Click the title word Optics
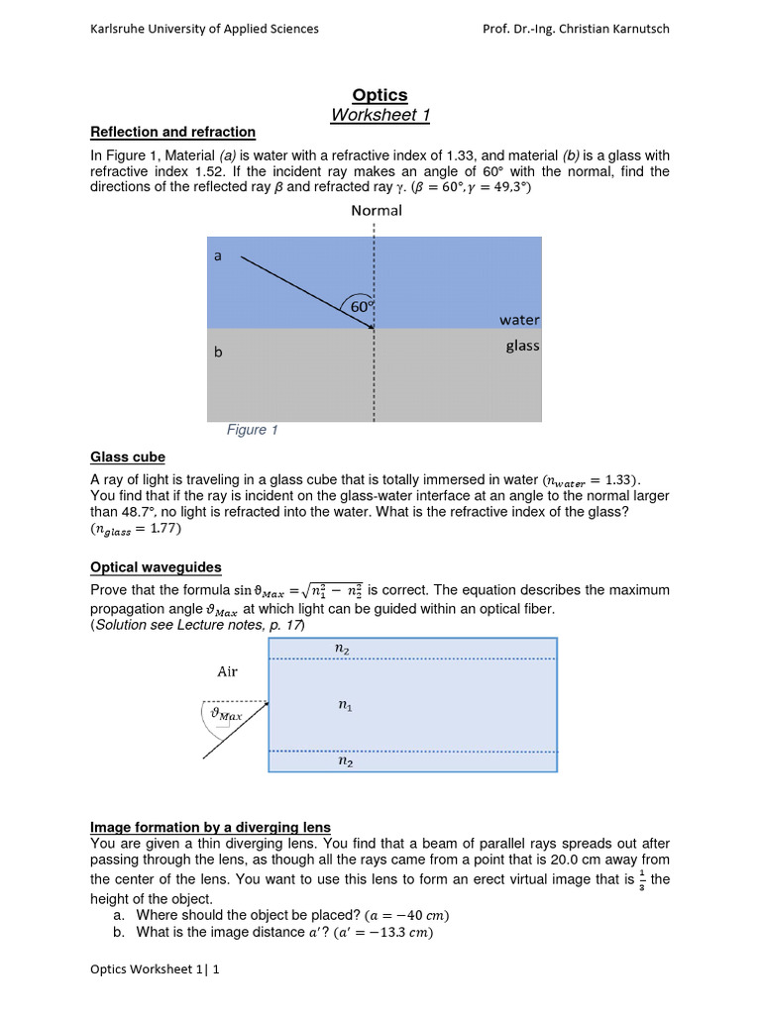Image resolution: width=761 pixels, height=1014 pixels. click(x=380, y=95)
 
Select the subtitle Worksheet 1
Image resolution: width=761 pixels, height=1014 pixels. click(x=380, y=116)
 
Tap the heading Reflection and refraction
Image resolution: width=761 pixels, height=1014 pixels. click(x=172, y=132)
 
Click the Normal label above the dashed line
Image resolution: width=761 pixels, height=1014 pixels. click(x=376, y=210)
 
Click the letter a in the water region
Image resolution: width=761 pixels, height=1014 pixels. click(x=217, y=255)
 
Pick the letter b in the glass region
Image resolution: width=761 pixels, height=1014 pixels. click(x=218, y=352)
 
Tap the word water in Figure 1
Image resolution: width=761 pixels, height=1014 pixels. click(x=519, y=320)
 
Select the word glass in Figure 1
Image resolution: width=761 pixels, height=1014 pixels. click(x=522, y=346)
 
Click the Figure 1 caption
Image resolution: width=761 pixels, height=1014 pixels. click(x=253, y=430)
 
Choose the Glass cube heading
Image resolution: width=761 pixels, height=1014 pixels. click(x=128, y=456)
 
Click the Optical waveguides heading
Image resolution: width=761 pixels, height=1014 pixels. click(x=156, y=567)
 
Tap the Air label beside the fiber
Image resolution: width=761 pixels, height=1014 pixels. click(x=228, y=671)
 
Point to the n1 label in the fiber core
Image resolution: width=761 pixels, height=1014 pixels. click(x=345, y=706)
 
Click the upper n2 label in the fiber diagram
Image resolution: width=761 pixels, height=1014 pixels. click(x=345, y=648)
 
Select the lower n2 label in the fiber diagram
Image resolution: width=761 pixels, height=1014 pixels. click(x=345, y=762)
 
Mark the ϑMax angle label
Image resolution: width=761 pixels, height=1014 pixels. click(x=226, y=713)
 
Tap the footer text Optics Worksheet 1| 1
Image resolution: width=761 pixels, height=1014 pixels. click(x=154, y=970)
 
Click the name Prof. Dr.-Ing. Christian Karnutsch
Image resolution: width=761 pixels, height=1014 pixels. click(x=575, y=29)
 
